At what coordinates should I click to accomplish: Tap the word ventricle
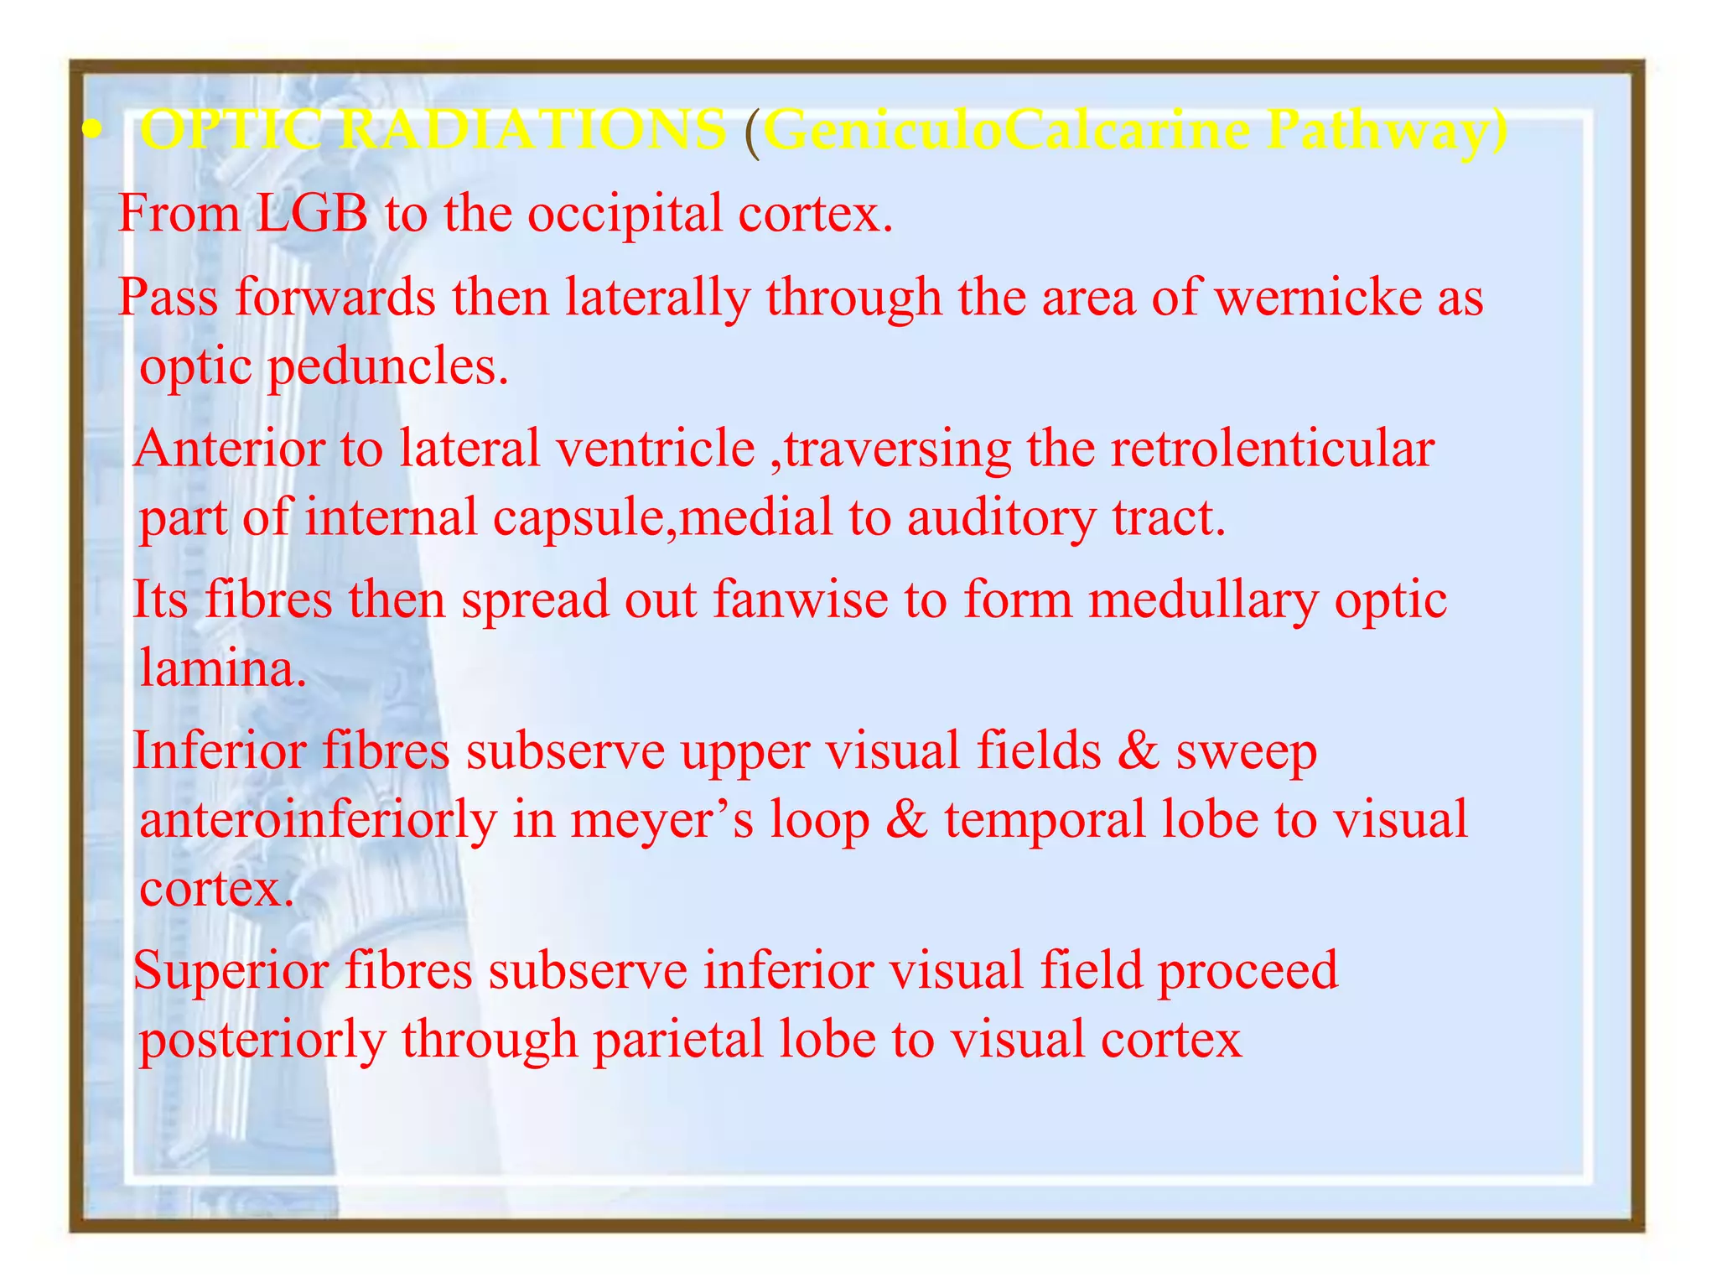(x=656, y=448)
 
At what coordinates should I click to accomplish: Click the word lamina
(x=223, y=669)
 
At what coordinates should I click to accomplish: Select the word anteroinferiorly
(x=318, y=820)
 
